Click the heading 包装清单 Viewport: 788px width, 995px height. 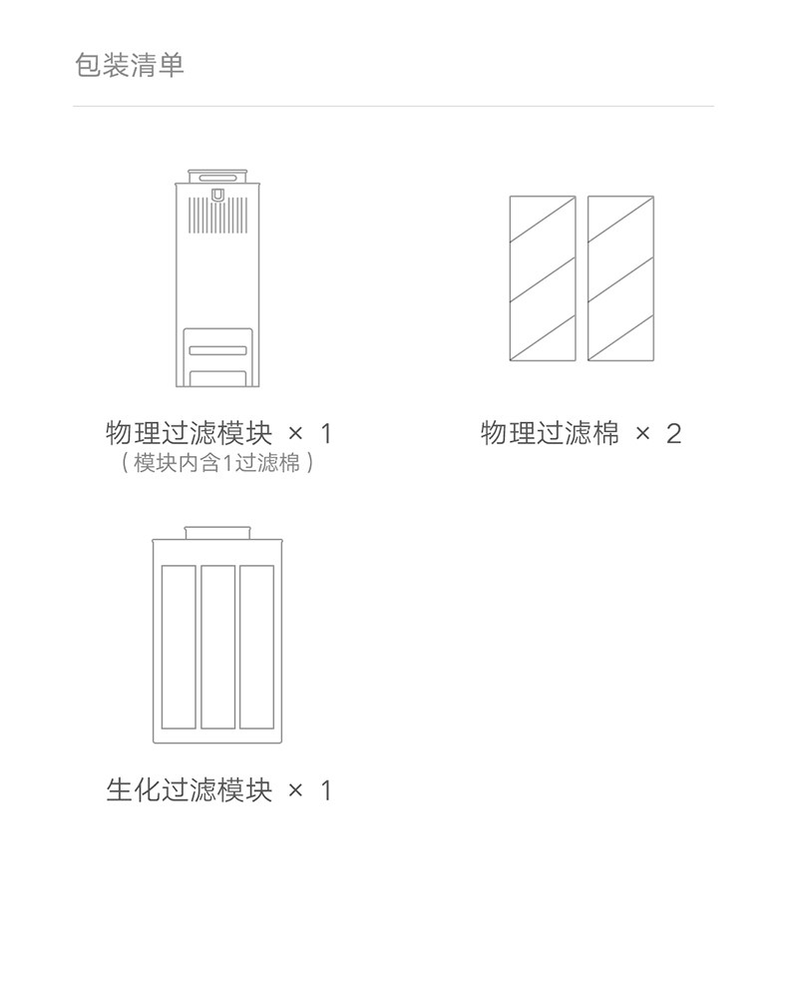coord(130,66)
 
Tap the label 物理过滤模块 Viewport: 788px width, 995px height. coord(189,433)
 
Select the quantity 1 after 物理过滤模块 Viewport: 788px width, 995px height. coord(324,433)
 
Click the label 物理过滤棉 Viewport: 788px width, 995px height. coord(550,433)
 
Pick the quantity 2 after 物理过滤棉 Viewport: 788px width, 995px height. coord(673,433)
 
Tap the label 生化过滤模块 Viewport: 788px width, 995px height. coord(189,790)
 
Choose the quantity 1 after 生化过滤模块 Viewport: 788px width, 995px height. coord(324,790)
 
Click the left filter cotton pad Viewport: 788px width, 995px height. coord(543,278)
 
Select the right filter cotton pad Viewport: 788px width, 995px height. coord(620,278)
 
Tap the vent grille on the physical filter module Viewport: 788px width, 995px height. coord(217,212)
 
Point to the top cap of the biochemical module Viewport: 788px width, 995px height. coord(216,531)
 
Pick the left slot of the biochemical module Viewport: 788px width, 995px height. coord(179,647)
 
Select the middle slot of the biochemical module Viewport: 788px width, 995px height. coord(217,647)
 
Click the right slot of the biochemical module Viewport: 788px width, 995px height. coord(256,647)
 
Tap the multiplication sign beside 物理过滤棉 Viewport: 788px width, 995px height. coord(643,433)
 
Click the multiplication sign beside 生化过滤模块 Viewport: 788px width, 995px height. coord(294,790)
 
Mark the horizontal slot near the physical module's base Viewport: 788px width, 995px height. coord(217,350)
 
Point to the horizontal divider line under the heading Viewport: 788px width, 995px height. coord(393,106)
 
